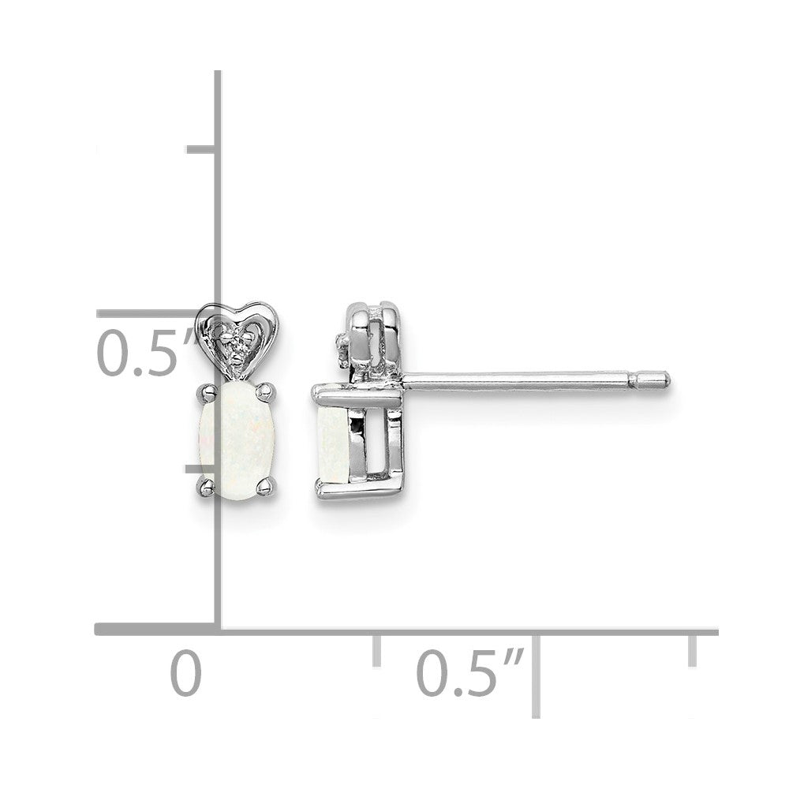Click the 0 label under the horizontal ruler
pos(185,673)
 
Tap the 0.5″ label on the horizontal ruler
pos(470,673)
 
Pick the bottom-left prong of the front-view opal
pos(206,487)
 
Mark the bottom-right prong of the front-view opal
pos(266,487)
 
